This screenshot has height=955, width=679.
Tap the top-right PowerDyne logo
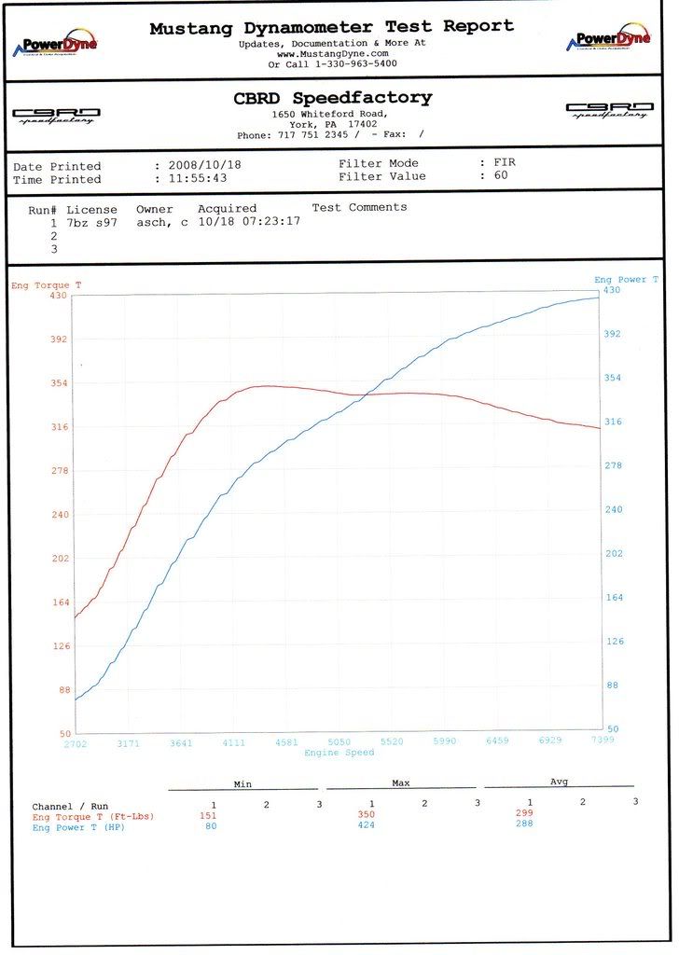(608, 39)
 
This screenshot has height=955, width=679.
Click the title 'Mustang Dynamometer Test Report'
(332, 27)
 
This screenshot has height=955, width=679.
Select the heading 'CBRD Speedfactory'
(332, 98)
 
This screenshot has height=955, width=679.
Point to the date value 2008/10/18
(206, 165)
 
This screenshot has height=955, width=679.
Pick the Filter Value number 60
(501, 175)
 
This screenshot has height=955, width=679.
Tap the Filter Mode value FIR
(505, 162)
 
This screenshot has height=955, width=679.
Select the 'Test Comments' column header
(359, 207)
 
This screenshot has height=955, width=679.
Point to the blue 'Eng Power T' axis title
(626, 280)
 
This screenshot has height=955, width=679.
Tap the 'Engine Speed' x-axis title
(339, 752)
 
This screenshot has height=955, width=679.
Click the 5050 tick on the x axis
(339, 741)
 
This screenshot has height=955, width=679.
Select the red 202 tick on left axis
(61, 558)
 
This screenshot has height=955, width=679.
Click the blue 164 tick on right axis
(615, 597)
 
